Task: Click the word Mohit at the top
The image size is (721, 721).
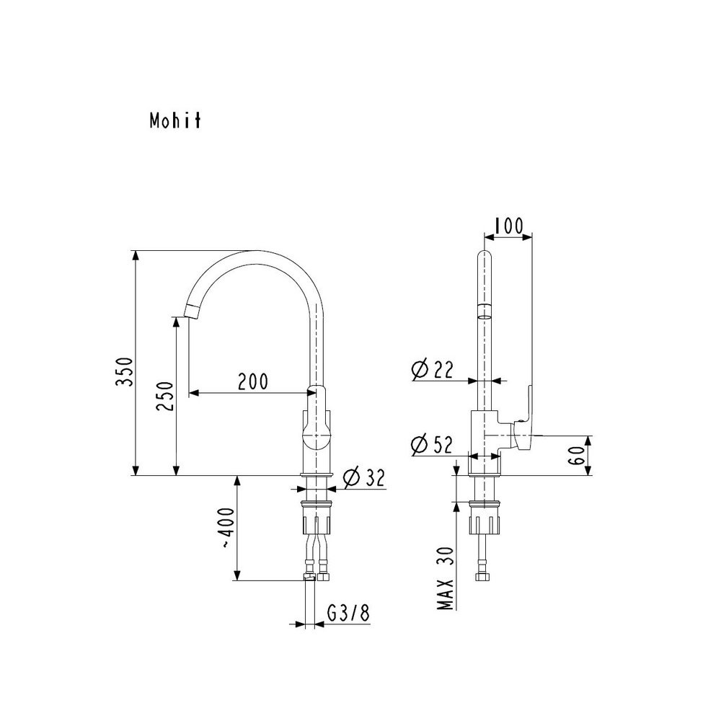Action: (174, 121)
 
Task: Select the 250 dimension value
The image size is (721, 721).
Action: (165, 397)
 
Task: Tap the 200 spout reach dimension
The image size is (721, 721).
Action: (252, 381)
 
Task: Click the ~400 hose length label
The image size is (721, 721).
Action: (226, 528)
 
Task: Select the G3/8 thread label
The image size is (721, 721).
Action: (348, 614)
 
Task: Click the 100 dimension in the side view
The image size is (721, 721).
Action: (509, 226)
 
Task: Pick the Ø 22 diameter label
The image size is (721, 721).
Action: (432, 369)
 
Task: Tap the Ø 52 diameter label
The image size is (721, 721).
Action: (432, 445)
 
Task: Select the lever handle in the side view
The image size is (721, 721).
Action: (525, 418)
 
